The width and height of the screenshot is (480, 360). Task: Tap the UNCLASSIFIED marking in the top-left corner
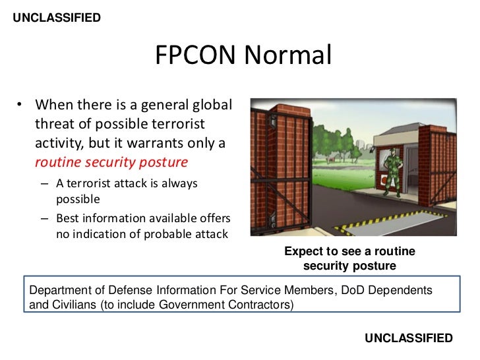pyautogui.click(x=57, y=18)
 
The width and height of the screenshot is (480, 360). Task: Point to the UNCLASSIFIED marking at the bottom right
pyautogui.click(x=409, y=338)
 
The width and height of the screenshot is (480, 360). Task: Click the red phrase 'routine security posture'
pyautogui.click(x=111, y=162)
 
